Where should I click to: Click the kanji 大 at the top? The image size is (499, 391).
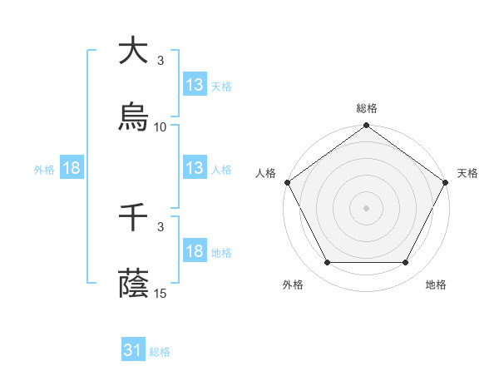click(x=134, y=51)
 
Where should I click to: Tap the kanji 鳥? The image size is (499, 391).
click(x=134, y=116)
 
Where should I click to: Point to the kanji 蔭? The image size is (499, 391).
click(x=134, y=284)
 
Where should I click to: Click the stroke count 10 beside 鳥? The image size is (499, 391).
click(x=161, y=126)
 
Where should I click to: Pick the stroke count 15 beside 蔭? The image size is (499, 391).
click(x=161, y=293)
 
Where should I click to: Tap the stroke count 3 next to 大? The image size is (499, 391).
click(x=161, y=61)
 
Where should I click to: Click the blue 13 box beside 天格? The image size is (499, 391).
click(x=195, y=84)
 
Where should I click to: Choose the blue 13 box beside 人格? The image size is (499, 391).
click(x=195, y=168)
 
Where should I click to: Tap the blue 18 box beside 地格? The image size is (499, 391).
click(x=195, y=251)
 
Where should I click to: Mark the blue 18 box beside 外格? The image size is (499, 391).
click(x=72, y=168)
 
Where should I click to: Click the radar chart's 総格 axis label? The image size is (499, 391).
click(x=367, y=108)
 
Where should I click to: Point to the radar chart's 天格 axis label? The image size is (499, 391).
click(x=467, y=173)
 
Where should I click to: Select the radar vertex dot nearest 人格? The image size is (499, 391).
click(x=288, y=182)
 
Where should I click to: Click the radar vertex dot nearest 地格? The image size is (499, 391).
click(x=406, y=263)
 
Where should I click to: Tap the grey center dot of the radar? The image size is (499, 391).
click(x=367, y=208)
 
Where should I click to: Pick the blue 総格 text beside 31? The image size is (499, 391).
click(x=160, y=352)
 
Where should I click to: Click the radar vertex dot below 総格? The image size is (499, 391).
click(x=367, y=126)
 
